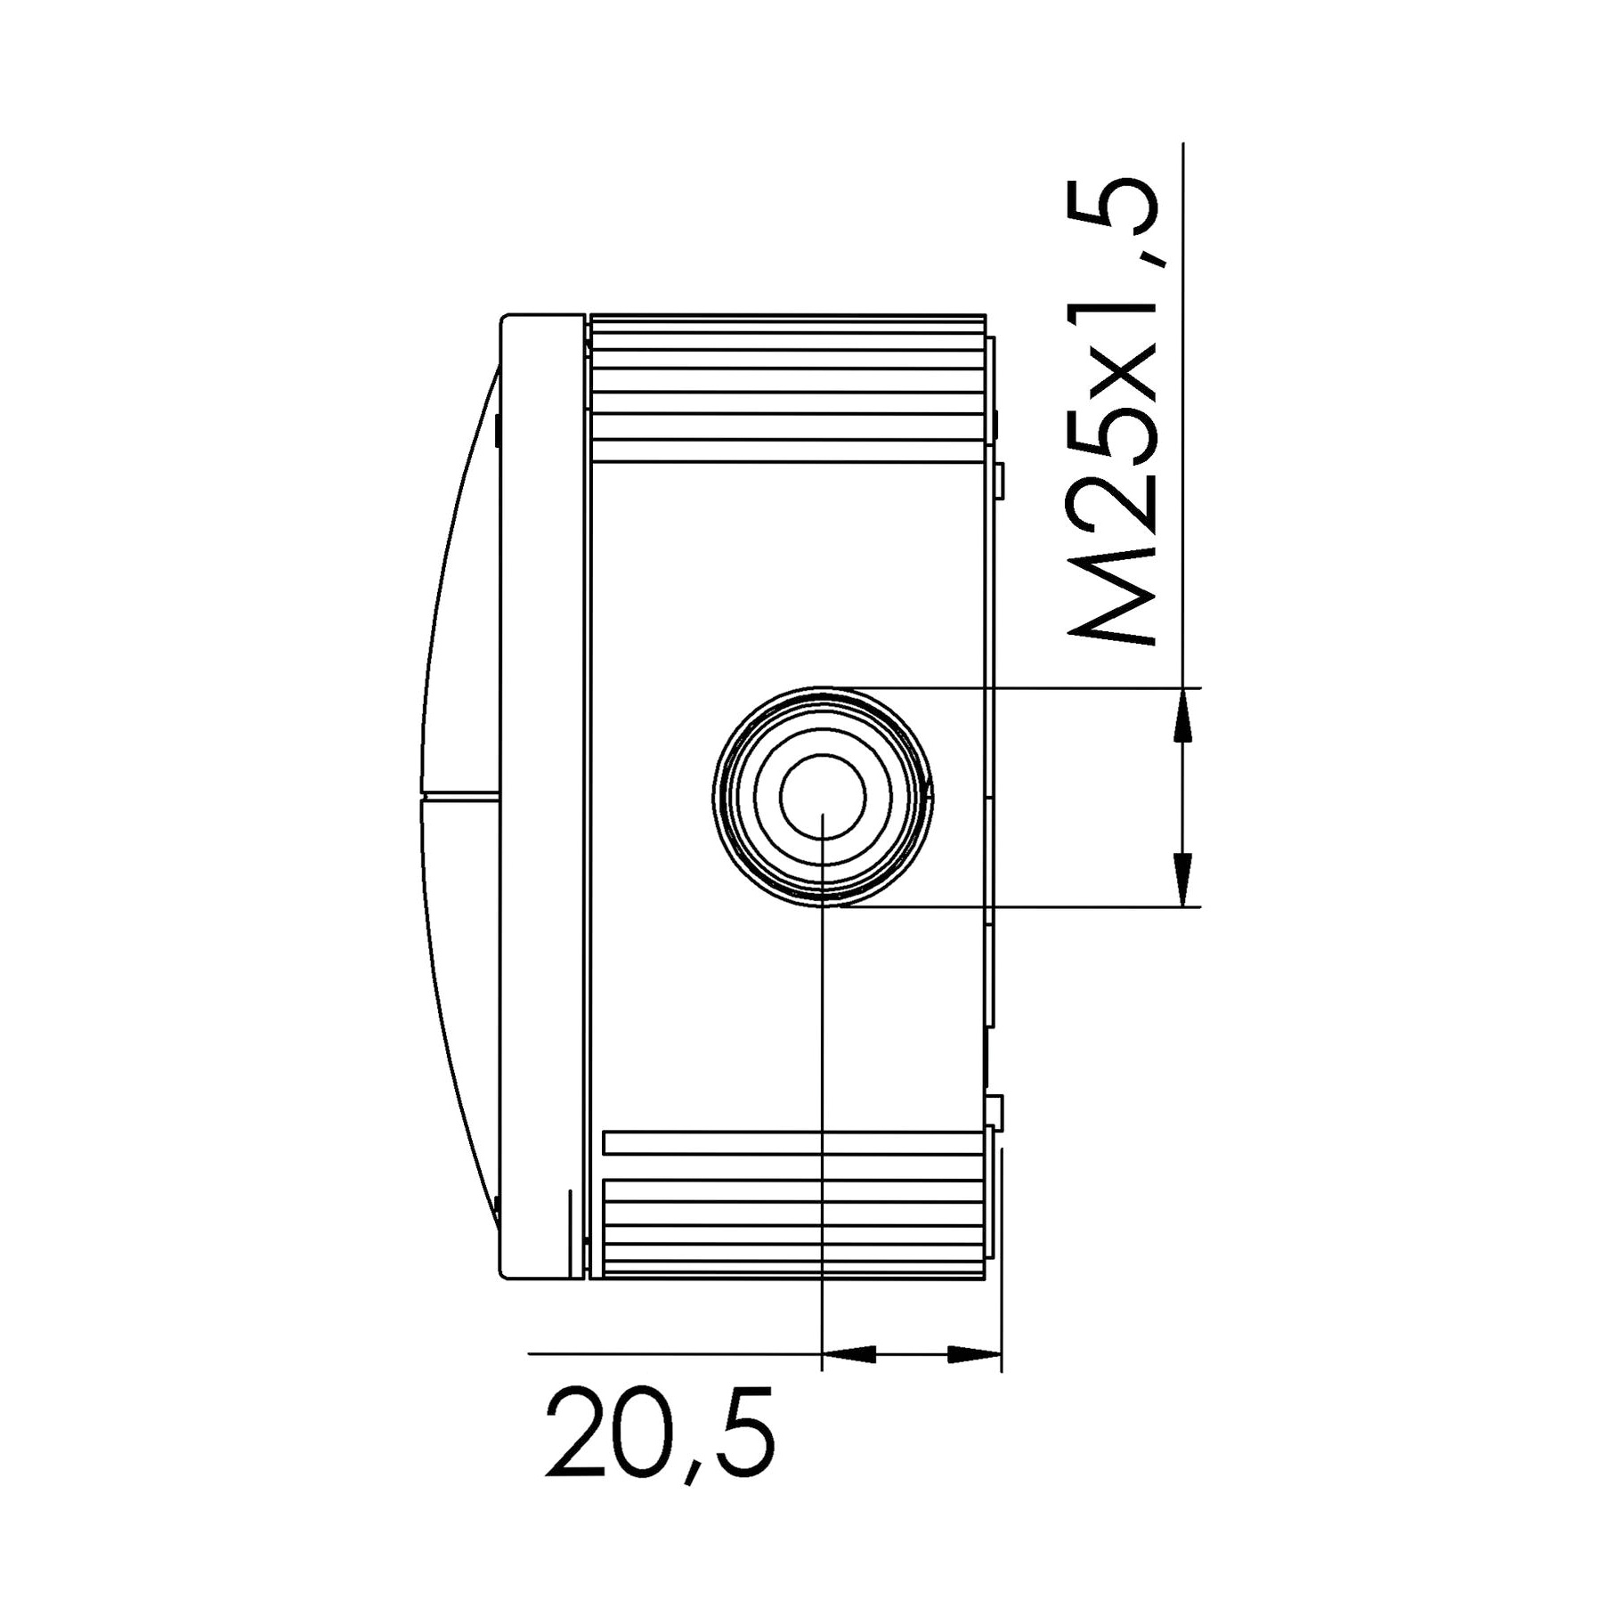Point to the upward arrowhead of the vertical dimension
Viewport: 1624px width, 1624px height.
tap(1182, 715)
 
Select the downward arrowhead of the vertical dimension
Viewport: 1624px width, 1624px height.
tap(1182, 880)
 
